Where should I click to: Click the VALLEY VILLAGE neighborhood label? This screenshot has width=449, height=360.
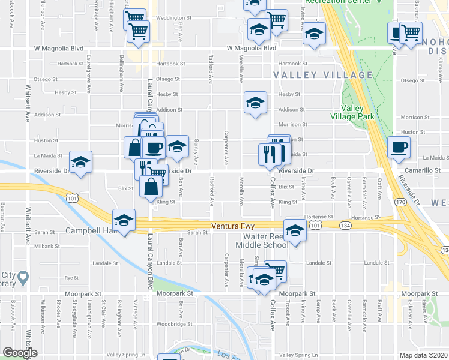point(323,75)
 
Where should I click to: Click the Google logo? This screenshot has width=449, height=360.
point(20,353)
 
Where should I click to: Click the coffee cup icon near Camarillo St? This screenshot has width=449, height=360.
point(399,146)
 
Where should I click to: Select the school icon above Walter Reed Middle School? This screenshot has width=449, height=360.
point(295,232)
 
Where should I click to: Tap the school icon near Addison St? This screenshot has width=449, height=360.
point(255,103)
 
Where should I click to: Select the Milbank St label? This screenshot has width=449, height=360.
point(47,246)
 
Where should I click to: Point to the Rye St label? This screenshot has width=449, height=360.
point(72,278)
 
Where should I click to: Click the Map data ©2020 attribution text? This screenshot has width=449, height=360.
point(424,355)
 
